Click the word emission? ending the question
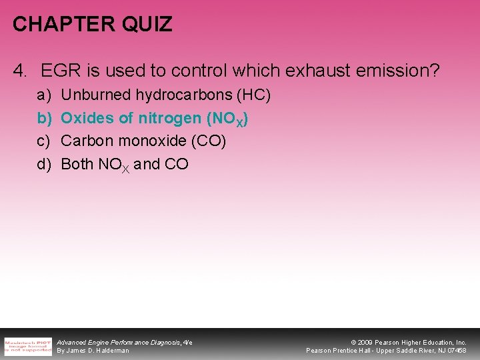coord(402,70)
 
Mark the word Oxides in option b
coord(84,118)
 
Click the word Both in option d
coord(77,163)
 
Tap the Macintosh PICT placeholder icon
coord(28,346)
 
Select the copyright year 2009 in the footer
coord(366,342)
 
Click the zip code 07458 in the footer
coord(457,350)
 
